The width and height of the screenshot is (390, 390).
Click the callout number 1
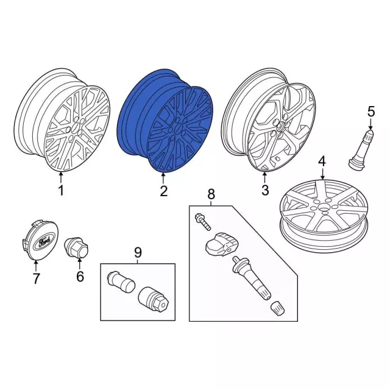click(x=61, y=191)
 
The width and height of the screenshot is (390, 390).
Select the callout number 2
click(x=164, y=191)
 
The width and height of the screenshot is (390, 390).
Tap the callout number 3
click(x=265, y=191)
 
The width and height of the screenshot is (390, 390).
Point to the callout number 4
click(x=322, y=162)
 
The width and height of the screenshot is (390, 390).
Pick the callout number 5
click(x=371, y=112)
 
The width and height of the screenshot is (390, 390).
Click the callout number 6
click(x=80, y=276)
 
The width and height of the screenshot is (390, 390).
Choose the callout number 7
click(x=36, y=278)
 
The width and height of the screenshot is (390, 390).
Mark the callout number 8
click(x=211, y=194)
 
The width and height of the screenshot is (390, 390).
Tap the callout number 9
click(x=138, y=252)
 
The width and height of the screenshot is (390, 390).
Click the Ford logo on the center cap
click(x=44, y=242)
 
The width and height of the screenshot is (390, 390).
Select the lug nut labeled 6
click(x=76, y=248)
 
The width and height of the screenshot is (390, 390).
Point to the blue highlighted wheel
click(x=165, y=121)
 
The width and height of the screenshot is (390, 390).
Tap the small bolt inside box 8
click(x=203, y=222)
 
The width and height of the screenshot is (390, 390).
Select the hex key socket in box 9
click(x=154, y=299)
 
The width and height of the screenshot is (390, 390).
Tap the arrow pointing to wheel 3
click(x=264, y=178)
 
